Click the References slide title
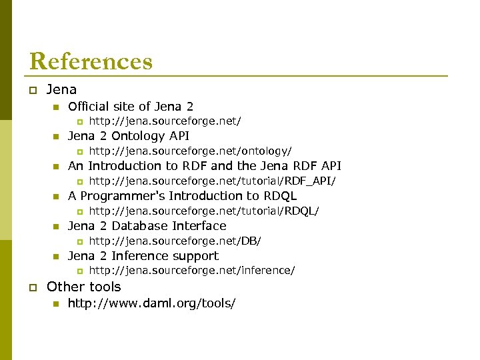click(x=91, y=61)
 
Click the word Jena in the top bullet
click(x=61, y=89)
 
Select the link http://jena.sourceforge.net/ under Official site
click(x=165, y=121)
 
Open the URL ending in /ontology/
click(x=190, y=151)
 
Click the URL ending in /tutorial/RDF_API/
click(x=212, y=181)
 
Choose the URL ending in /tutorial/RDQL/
click(x=204, y=211)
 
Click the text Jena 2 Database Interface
click(x=147, y=226)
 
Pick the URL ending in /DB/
click(x=175, y=241)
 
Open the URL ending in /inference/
click(x=192, y=271)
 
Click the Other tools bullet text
click(x=84, y=287)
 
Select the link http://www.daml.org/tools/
click(x=151, y=304)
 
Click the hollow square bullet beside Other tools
click(x=33, y=287)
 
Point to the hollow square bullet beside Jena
click(x=33, y=90)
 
